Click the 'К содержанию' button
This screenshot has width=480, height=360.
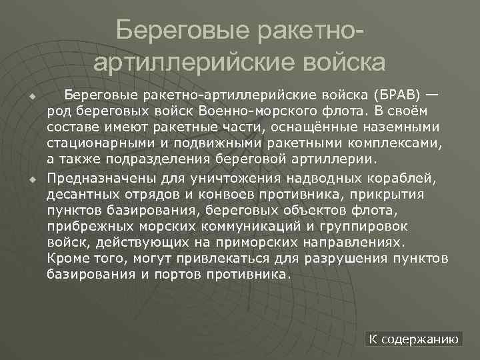point(414,339)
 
